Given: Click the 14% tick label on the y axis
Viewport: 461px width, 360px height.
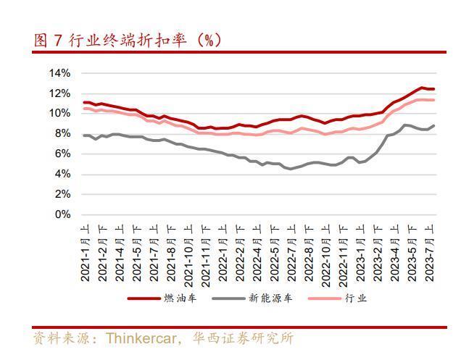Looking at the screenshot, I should click(59, 73).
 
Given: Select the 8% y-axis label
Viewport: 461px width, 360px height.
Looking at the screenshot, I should click(62, 133).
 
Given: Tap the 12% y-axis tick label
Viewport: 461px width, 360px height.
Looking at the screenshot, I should click(59, 93).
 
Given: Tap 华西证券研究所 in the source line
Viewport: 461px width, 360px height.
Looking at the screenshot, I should click(243, 338).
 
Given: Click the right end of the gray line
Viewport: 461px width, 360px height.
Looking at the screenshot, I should click(434, 125).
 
